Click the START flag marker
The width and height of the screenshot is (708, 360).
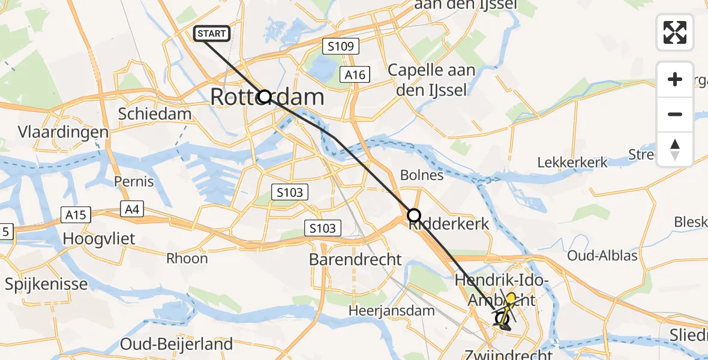[212, 34]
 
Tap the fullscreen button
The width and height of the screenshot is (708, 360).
[675, 32]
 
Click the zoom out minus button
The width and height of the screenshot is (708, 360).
[675, 114]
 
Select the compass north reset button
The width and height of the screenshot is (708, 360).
[675, 149]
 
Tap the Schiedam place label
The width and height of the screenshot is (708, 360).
[155, 114]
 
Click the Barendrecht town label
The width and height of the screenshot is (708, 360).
[355, 259]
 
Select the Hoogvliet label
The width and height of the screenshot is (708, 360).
[100, 239]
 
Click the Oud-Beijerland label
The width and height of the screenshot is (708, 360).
[176, 344]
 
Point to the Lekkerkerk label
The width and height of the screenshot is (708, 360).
[572, 162]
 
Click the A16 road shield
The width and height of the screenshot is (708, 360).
[355, 74]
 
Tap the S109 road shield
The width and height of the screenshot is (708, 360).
[340, 46]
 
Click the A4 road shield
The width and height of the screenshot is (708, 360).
[130, 209]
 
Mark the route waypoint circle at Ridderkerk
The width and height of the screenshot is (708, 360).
[414, 215]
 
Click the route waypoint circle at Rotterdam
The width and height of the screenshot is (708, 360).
[265, 97]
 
